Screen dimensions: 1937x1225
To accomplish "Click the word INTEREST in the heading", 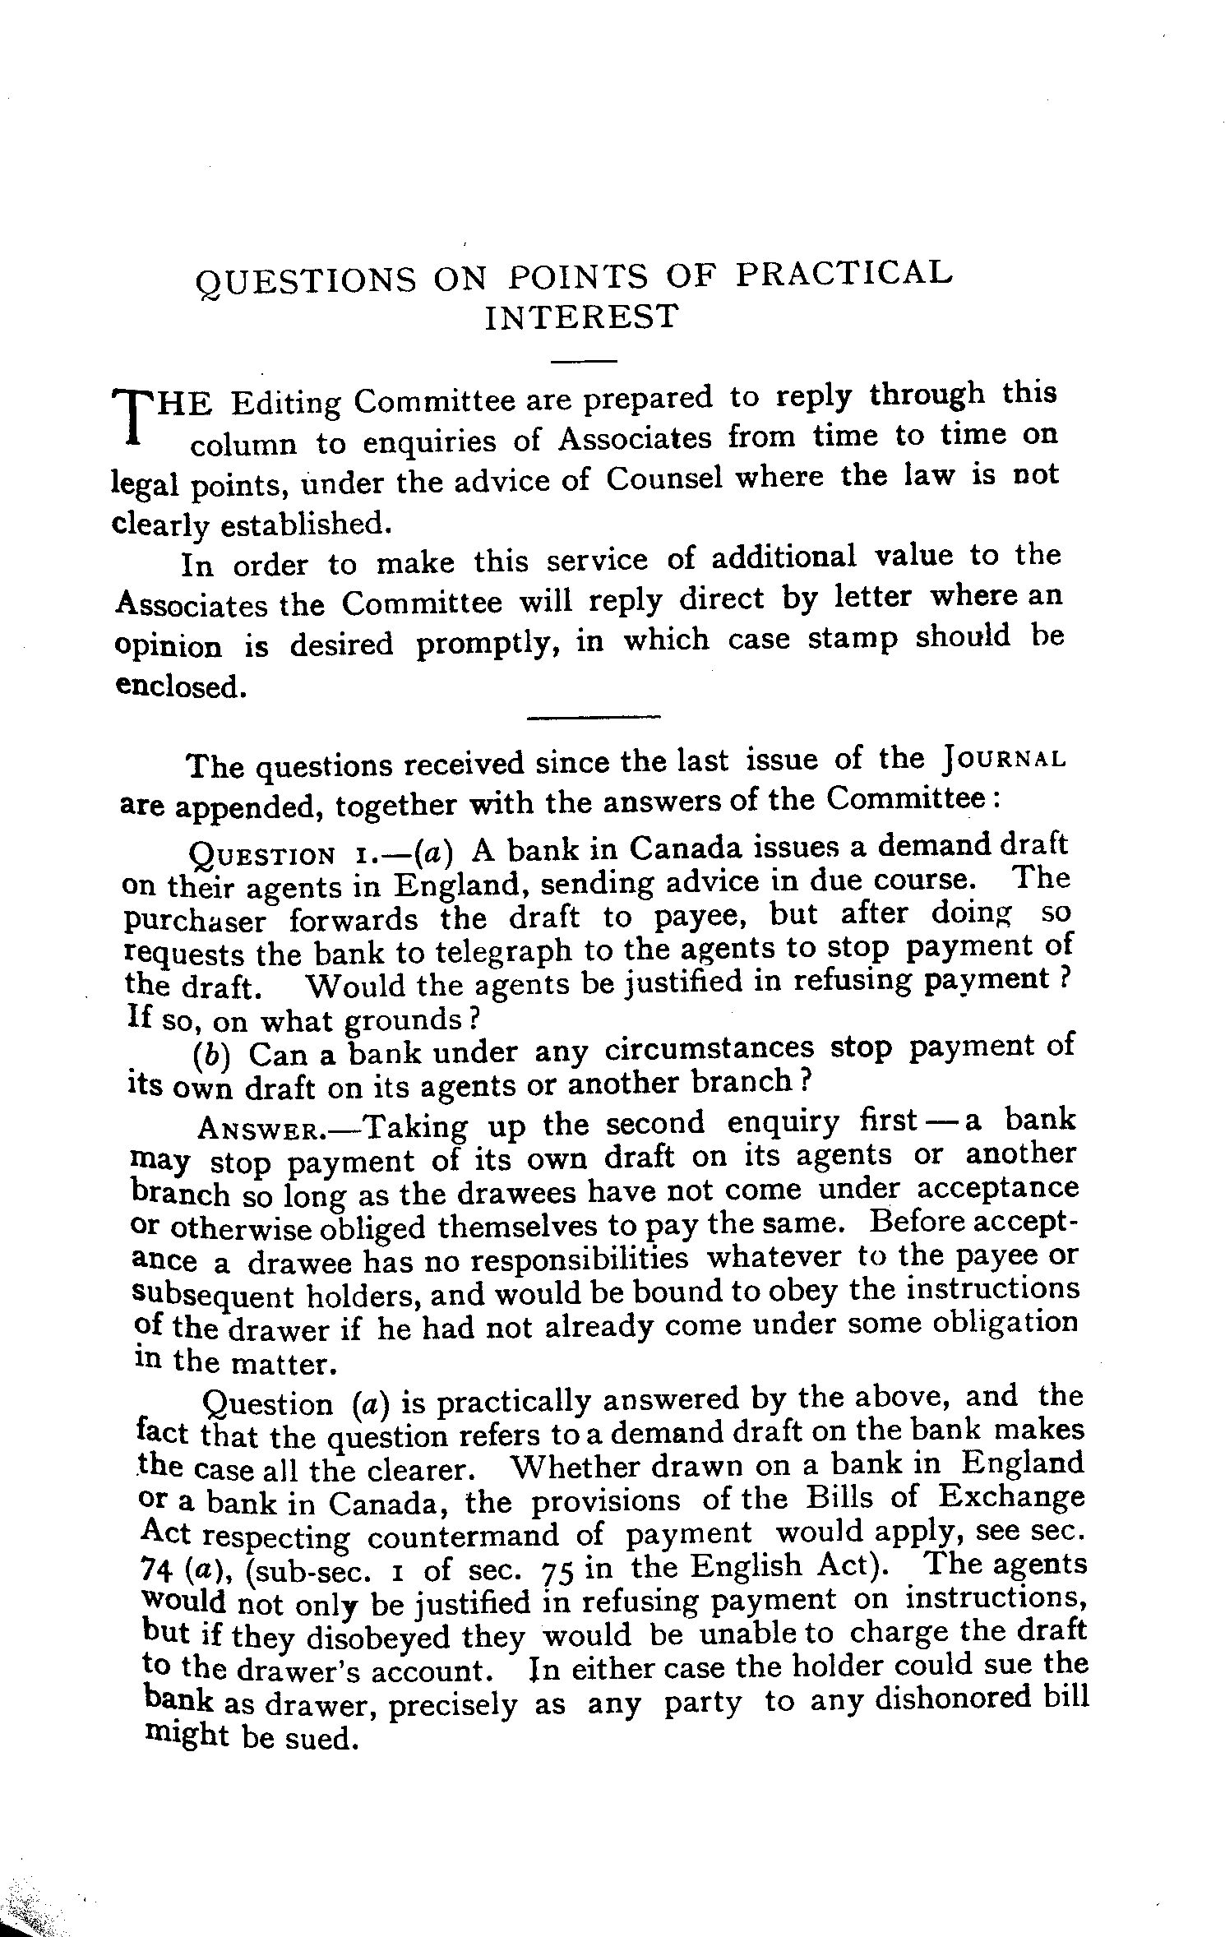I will [x=581, y=317].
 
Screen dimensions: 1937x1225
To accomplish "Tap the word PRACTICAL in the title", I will [x=844, y=275].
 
